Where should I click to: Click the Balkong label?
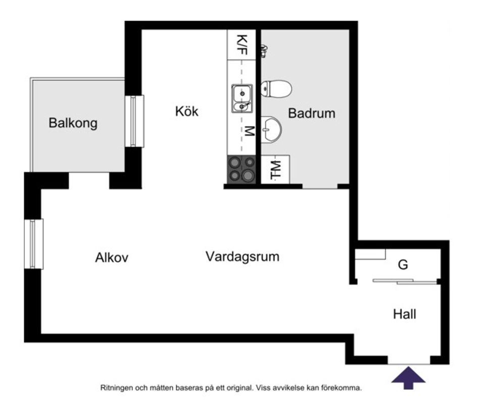pos(73,123)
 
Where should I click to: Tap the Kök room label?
pos(187,112)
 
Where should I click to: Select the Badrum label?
pos(311,113)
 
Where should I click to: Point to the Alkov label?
pos(112,258)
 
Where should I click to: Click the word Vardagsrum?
pos(242,257)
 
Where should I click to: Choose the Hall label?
pos(405,315)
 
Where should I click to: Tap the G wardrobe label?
pos(403,265)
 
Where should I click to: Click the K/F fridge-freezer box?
pos(242,45)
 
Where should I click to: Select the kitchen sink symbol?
pos(242,98)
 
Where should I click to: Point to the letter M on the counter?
pos(248,131)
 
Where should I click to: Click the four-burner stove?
pos(241,169)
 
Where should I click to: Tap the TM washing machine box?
pos(275,169)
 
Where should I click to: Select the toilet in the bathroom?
pos(276,89)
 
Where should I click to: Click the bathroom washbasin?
pos(271,129)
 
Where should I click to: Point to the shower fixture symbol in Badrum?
pos(263,49)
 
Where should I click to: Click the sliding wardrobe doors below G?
pos(405,281)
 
